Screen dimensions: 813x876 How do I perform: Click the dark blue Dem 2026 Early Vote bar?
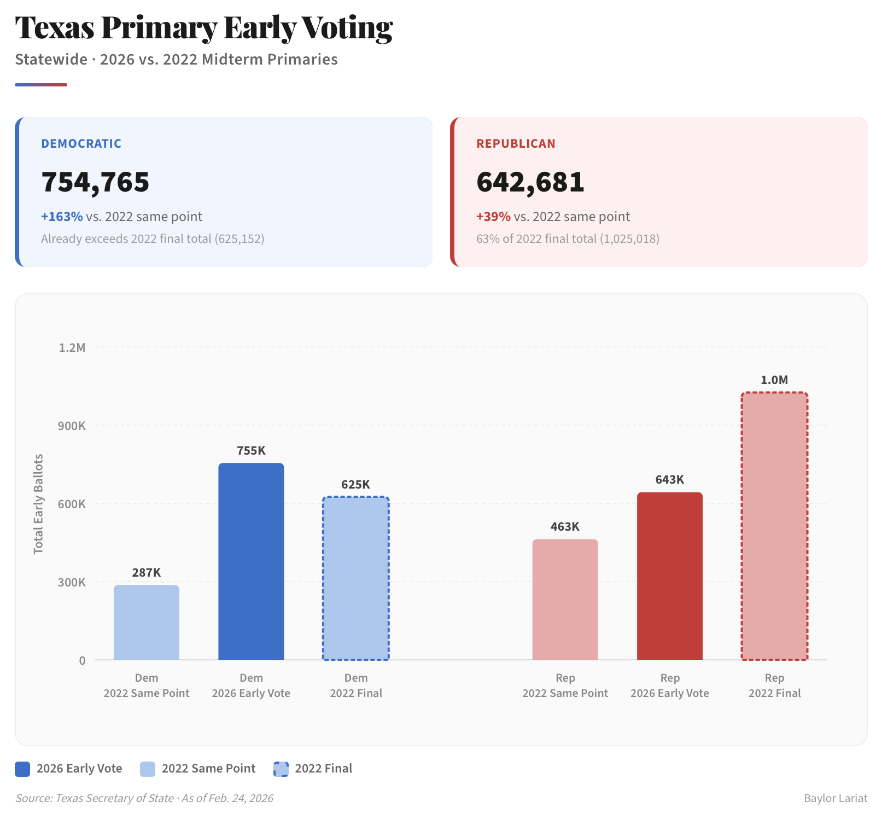pos(251,561)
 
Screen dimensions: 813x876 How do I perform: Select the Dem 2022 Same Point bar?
pos(147,622)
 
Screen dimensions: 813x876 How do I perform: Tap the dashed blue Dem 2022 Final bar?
pos(356,578)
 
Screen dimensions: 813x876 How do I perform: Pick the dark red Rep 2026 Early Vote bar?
pos(670,576)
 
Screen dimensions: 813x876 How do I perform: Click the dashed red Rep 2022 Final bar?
pos(774,526)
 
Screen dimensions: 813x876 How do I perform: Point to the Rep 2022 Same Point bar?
pos(565,599)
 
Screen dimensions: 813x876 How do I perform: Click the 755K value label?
pos(251,451)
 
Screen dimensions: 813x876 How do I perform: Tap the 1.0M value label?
pos(774,380)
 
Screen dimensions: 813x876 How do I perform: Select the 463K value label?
pos(565,527)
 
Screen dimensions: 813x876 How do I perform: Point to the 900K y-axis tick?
pos(72,426)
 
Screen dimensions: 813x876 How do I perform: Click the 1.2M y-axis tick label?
pos(72,348)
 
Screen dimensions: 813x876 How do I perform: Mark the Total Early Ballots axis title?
pos(38,504)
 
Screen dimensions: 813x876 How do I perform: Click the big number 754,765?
pos(95,182)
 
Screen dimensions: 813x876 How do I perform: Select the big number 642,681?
pos(530,182)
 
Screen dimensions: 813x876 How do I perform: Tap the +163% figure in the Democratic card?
pos(62,217)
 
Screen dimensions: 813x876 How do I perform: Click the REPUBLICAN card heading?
pos(516,144)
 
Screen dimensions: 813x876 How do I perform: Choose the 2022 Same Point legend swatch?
pos(148,769)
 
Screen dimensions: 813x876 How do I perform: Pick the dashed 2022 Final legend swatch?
pos(281,769)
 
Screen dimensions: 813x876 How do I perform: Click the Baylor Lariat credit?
pos(835,798)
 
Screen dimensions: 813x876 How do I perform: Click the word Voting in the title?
pos(347,28)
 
